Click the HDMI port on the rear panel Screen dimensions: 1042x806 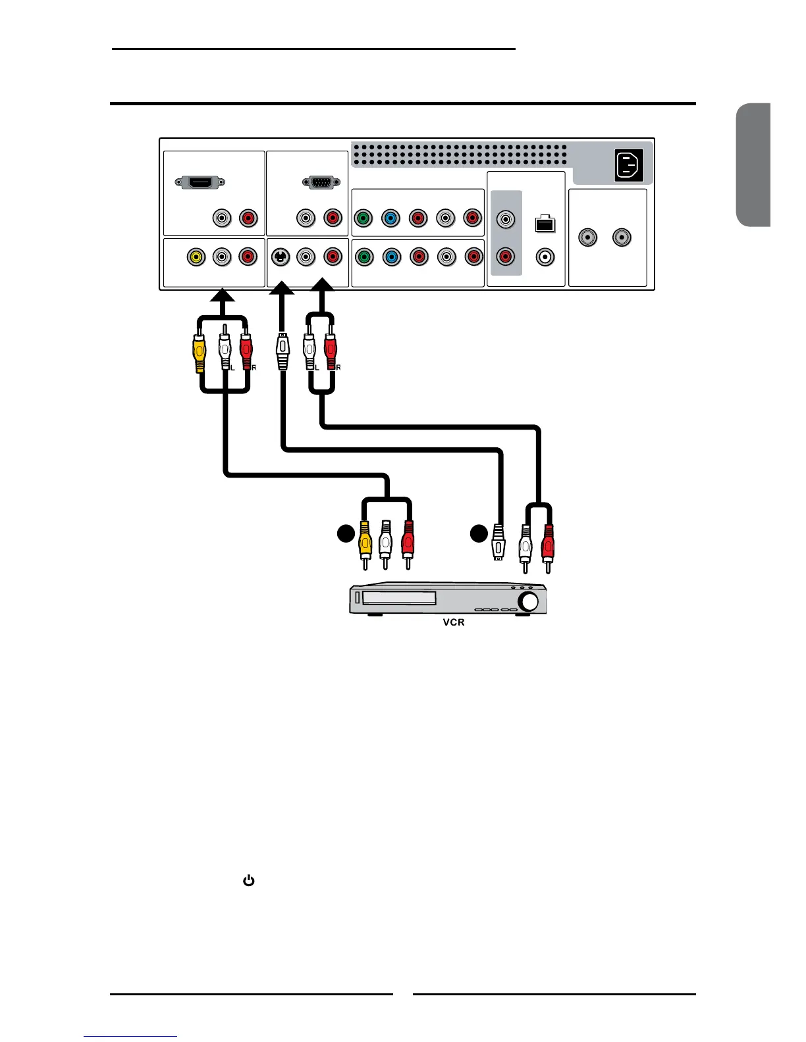click(200, 182)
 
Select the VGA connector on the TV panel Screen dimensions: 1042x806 click(321, 182)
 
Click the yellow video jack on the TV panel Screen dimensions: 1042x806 click(196, 256)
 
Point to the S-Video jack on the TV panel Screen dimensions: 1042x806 click(281, 257)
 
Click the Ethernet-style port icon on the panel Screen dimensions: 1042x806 click(545, 224)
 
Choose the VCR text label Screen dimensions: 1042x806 click(454, 622)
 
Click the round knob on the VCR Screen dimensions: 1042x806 click(528, 601)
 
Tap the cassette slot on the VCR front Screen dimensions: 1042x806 click(399, 598)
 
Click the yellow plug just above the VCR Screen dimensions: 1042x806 click(365, 541)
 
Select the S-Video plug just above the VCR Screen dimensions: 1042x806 click(498, 542)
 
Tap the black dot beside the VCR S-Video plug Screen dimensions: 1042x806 click(479, 533)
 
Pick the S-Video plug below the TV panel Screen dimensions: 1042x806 click(282, 352)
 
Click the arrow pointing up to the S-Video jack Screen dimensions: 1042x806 click(282, 289)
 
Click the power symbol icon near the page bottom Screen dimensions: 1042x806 click(249, 880)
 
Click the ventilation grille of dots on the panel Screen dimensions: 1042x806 click(460, 155)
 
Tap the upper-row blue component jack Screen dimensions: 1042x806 click(390, 218)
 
